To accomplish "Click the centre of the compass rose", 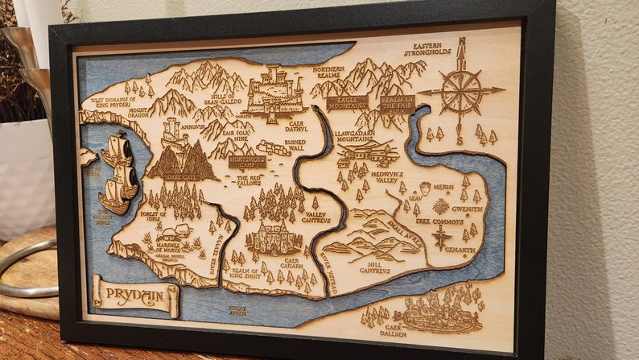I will pyautogui.click(x=462, y=90).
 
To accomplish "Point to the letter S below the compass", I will pyautogui.click(x=460, y=142).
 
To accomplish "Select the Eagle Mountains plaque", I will pyautogui.click(x=347, y=102).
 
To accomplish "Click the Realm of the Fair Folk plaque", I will pyautogui.click(x=398, y=103).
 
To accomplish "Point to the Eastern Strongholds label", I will pyautogui.click(x=427, y=50).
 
